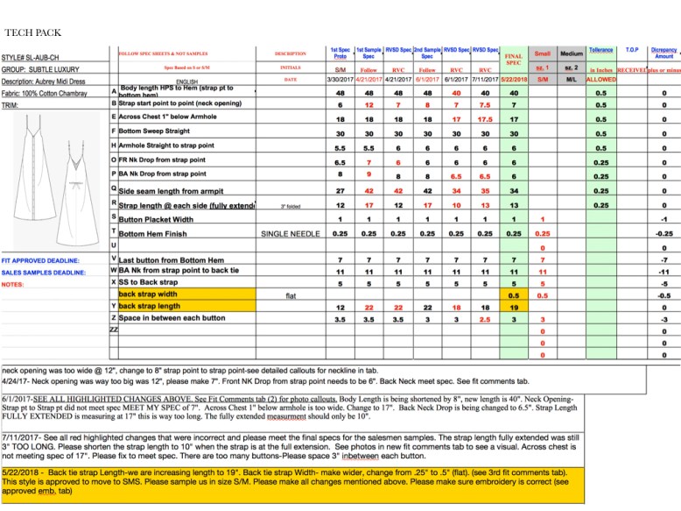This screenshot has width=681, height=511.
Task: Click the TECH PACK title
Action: [32, 32]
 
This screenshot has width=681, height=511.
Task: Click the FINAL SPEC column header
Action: [514, 60]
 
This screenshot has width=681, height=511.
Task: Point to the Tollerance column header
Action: [601, 51]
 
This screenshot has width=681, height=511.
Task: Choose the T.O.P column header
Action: [633, 51]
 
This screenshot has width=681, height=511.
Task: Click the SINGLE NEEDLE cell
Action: [289, 233]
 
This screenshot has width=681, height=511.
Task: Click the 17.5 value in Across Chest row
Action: [485, 117]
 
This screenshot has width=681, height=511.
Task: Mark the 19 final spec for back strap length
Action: [514, 308]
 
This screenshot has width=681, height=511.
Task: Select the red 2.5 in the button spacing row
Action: [485, 320]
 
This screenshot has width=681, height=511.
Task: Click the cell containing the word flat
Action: [291, 295]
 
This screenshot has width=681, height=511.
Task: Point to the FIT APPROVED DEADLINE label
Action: [40, 260]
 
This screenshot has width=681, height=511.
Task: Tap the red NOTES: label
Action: [12, 284]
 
